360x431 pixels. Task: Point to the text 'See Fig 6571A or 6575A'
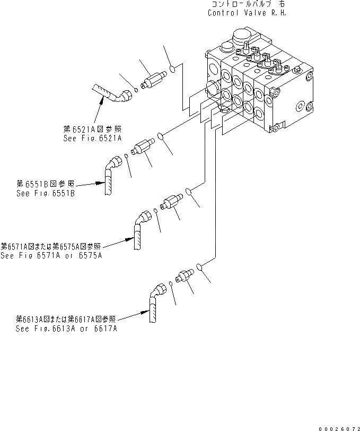pos(51,255)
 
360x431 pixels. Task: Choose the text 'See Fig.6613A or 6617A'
pos(66,328)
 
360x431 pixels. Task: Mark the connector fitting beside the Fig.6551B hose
pos(143,145)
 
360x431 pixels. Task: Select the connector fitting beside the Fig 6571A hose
pos(172,201)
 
